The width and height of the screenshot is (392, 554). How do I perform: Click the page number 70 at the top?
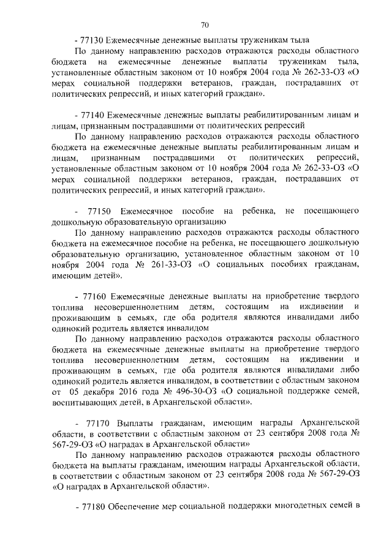point(205,25)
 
